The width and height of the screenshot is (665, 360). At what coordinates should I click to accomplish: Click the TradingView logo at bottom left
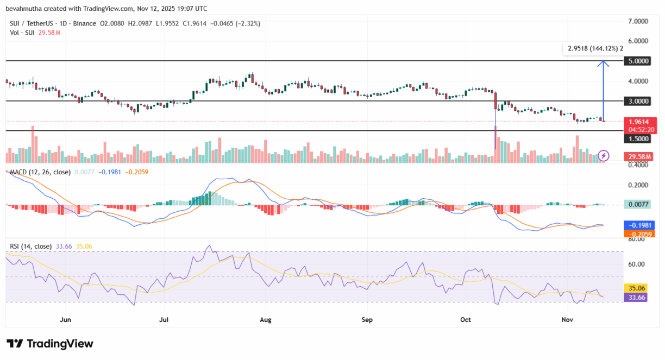click(50, 344)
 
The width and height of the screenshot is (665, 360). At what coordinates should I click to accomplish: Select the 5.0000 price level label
click(639, 61)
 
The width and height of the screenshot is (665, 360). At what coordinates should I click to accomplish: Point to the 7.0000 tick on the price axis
click(639, 21)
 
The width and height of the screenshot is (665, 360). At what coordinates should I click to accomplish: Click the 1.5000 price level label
click(639, 139)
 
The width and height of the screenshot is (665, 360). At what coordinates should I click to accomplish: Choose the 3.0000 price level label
click(639, 101)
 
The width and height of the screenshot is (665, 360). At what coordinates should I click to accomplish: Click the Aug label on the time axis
click(266, 320)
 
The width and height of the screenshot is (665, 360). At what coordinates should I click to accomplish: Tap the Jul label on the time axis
click(164, 320)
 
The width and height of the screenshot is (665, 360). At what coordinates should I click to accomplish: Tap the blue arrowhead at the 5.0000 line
click(603, 63)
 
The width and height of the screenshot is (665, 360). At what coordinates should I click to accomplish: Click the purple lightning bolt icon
click(604, 155)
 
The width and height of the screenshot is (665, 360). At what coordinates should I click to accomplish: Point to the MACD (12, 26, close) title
click(41, 172)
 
